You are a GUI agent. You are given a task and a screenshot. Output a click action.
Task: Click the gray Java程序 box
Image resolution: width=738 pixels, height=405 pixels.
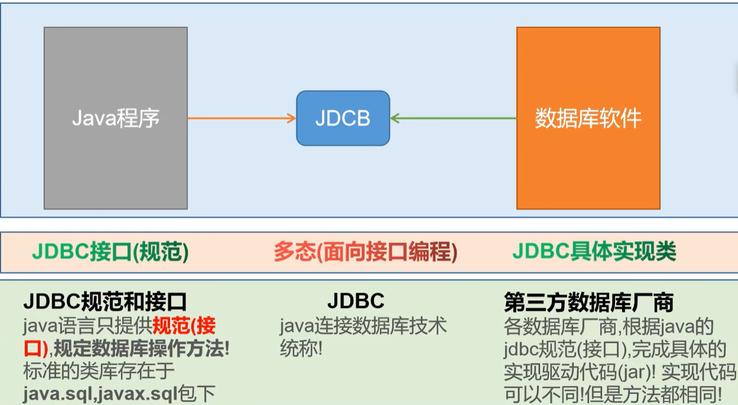pyautogui.click(x=115, y=118)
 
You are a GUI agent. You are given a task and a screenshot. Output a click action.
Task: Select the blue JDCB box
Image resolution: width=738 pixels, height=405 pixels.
pyautogui.click(x=343, y=118)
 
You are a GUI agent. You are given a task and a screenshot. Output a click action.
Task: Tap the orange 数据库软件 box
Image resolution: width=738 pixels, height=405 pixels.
pyautogui.click(x=588, y=118)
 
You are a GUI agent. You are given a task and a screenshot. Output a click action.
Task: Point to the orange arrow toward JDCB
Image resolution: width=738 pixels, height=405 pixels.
pyautogui.click(x=241, y=119)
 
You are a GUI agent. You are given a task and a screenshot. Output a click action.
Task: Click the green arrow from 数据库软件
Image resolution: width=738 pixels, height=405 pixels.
pyautogui.click(x=454, y=119)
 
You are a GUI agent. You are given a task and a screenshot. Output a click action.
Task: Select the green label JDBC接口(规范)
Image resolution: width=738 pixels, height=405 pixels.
pyautogui.click(x=110, y=252)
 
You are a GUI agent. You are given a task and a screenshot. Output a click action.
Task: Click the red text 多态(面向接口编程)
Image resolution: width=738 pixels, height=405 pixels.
pyautogui.click(x=365, y=252)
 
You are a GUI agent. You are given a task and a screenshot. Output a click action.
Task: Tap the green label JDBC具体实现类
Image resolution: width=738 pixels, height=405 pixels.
pyautogui.click(x=594, y=252)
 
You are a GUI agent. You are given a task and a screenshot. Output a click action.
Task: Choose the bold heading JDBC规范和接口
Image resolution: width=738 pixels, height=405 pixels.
pyautogui.click(x=105, y=302)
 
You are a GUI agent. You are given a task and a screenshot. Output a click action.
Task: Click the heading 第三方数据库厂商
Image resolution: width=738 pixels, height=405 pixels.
pyautogui.click(x=589, y=302)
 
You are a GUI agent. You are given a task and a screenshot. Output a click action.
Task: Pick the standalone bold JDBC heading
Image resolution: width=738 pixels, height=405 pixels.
pyautogui.click(x=355, y=301)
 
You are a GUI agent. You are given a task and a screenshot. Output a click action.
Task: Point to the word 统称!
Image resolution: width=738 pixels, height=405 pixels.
pyautogui.click(x=301, y=349)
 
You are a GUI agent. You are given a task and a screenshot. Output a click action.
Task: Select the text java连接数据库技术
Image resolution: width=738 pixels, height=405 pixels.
pyautogui.click(x=363, y=326)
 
